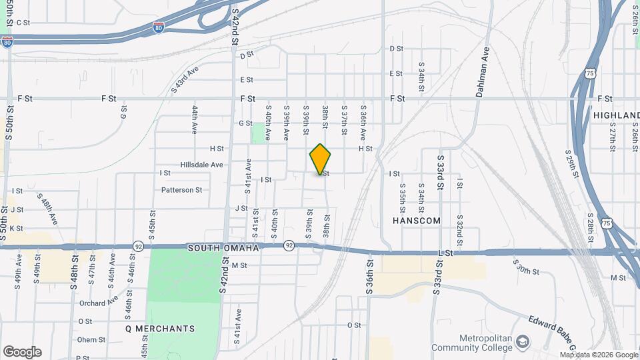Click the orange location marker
pos(320,160)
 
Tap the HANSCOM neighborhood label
pos(417,221)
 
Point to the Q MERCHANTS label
pos(160,329)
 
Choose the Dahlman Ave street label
pos(483,72)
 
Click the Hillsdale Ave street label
pos(201,164)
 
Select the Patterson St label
pos(181,189)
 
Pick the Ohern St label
pos(91,339)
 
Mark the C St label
pos(23,22)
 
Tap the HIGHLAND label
pos(615,115)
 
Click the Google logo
pos(21,351)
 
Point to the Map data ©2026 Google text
pos(599,355)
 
